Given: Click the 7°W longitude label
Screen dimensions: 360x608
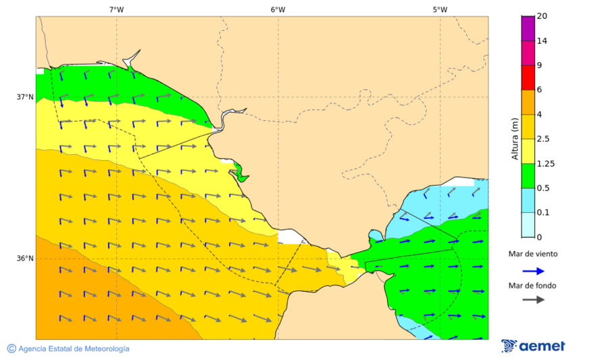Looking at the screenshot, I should (116, 9).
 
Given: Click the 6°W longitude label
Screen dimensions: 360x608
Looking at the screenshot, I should (278, 9).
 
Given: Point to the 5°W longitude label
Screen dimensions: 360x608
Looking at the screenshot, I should (440, 9).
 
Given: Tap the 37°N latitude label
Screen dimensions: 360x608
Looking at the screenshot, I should (25, 97).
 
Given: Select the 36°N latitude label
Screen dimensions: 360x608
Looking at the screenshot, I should (25, 258).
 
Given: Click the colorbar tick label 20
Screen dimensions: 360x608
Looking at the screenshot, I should (542, 16).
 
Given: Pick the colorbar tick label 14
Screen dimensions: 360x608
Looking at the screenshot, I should (542, 41).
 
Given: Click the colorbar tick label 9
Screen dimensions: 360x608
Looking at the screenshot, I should (539, 66).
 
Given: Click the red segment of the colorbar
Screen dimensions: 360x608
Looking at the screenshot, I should (528, 77).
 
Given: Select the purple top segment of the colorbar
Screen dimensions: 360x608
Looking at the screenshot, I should (528, 28).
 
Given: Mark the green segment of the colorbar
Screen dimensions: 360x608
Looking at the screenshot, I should (528, 176).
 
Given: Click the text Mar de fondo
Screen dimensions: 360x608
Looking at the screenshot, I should (533, 286).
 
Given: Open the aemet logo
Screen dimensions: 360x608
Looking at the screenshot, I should (533, 346).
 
